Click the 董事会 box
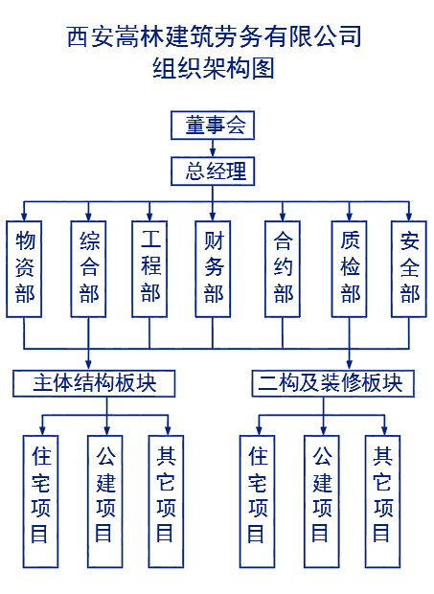[x=213, y=126]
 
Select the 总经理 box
[x=213, y=171]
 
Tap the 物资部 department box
[x=24, y=269]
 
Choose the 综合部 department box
[x=88, y=269]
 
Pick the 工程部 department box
[x=149, y=269]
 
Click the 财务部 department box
[x=213, y=269]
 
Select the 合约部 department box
[x=283, y=269]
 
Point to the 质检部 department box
[x=349, y=269]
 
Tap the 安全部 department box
[x=409, y=269]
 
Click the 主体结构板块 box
[x=94, y=383]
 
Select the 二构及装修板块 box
[x=333, y=383]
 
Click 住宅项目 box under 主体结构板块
[x=40, y=501]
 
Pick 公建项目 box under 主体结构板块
[x=104, y=501]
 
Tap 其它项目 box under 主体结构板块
[x=166, y=501]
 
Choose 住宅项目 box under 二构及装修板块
[x=257, y=501]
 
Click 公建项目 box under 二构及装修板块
[x=322, y=501]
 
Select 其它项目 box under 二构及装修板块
[x=383, y=501]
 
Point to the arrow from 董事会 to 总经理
[x=213, y=148]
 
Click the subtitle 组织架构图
[x=214, y=68]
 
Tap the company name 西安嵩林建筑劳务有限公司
[x=215, y=36]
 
